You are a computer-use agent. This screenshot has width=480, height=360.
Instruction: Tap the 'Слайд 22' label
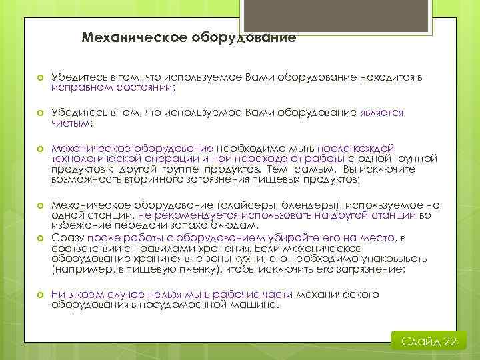pyautogui.click(x=429, y=341)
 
